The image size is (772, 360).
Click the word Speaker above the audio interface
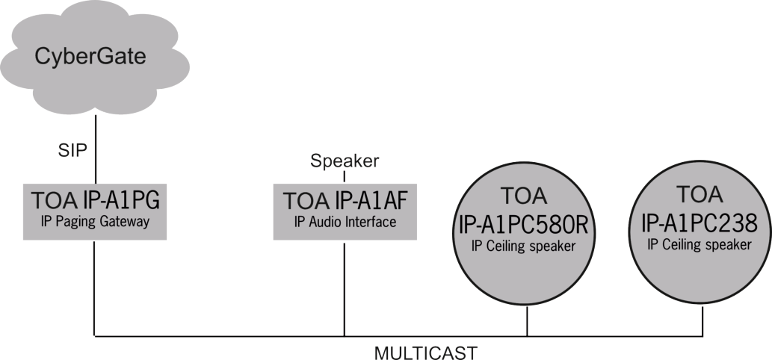point(345,161)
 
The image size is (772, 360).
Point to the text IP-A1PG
point(123,200)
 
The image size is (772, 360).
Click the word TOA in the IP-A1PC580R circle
point(527,199)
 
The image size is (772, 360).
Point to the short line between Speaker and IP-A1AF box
point(344,176)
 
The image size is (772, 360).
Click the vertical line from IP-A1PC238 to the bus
point(702,321)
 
